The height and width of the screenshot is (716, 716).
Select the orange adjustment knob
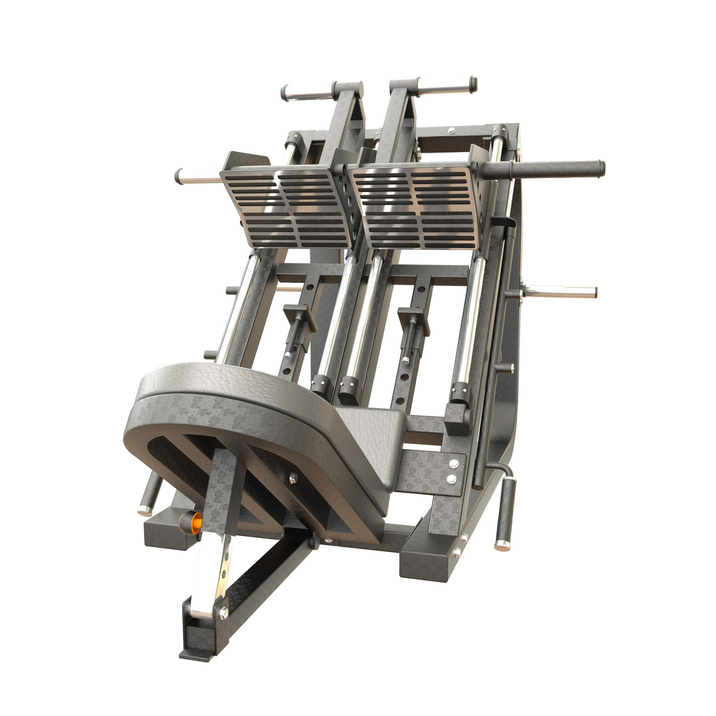click(192, 521)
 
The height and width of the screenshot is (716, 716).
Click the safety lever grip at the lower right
click(505, 512)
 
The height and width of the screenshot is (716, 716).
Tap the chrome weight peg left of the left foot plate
click(198, 176)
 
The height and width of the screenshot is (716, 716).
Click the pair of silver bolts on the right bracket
click(452, 471)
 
